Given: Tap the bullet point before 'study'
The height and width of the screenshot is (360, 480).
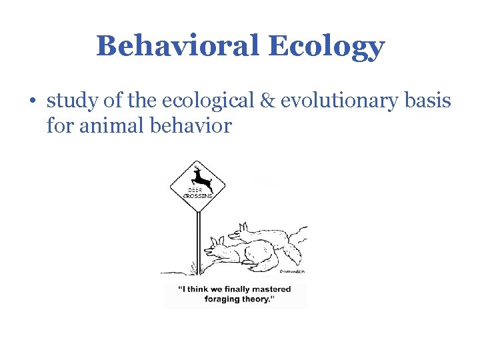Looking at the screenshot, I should (33, 101).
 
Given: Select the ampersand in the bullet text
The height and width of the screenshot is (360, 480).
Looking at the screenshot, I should (269, 101).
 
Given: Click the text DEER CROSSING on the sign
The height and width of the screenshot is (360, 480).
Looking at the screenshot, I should (197, 193).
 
